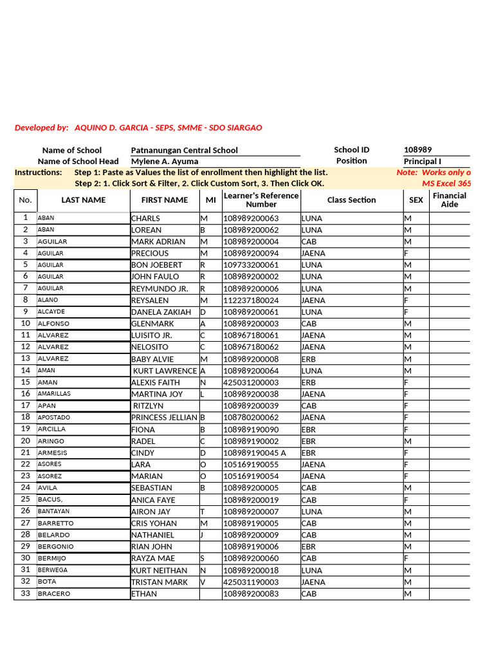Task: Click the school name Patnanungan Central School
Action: click(x=184, y=150)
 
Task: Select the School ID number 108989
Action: click(x=417, y=150)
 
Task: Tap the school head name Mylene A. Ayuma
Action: click(x=165, y=162)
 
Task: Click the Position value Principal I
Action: click(x=422, y=162)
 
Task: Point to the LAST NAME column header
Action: click(x=84, y=200)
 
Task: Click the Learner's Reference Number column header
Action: click(x=261, y=200)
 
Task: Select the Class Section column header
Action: click(x=351, y=200)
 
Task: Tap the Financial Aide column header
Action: click(x=450, y=200)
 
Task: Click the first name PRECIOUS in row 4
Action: click(x=151, y=254)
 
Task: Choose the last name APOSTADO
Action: click(x=54, y=418)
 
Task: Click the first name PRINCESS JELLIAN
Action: click(x=164, y=418)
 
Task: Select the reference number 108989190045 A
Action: click(x=255, y=453)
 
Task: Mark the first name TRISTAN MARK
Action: click(x=160, y=582)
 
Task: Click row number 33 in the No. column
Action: click(x=26, y=593)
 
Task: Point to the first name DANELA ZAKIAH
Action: click(x=161, y=312)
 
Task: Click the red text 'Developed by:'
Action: click(x=41, y=128)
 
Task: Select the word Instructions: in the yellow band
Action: click(x=39, y=172)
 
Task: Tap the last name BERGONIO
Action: click(x=55, y=547)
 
